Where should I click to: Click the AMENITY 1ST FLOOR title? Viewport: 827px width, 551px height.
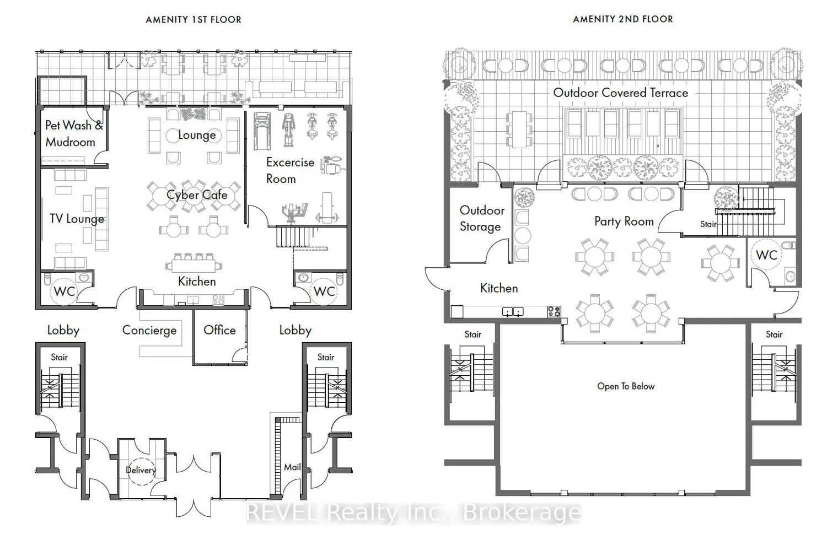[x=194, y=19]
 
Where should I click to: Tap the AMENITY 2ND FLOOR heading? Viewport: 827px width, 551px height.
[x=623, y=19]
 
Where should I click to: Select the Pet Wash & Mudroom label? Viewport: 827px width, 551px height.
[x=74, y=133]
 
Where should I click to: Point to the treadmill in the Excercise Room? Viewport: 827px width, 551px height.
[x=262, y=131]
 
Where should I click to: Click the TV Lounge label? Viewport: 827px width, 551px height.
[x=77, y=219]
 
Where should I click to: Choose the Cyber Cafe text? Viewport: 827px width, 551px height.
[x=197, y=195]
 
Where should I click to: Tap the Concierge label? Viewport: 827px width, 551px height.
[x=149, y=330]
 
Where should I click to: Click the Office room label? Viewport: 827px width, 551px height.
[x=219, y=330]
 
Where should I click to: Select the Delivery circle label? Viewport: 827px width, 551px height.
[x=141, y=470]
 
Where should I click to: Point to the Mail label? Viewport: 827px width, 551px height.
[x=292, y=467]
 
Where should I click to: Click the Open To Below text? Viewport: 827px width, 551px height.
[x=626, y=386]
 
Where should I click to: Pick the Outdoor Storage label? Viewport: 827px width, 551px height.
[x=482, y=219]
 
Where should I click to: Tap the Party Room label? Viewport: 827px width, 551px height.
[x=624, y=222]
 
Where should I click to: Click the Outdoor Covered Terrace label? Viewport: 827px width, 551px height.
[x=621, y=93]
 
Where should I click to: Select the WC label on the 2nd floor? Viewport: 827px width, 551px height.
[x=766, y=255]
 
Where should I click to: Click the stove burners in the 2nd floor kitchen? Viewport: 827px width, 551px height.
[x=554, y=312]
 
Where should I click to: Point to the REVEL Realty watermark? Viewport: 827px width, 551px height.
[x=413, y=513]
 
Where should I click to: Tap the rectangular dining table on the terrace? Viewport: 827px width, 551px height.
[x=519, y=129]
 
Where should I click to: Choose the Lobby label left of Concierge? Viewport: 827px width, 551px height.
[x=63, y=330]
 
